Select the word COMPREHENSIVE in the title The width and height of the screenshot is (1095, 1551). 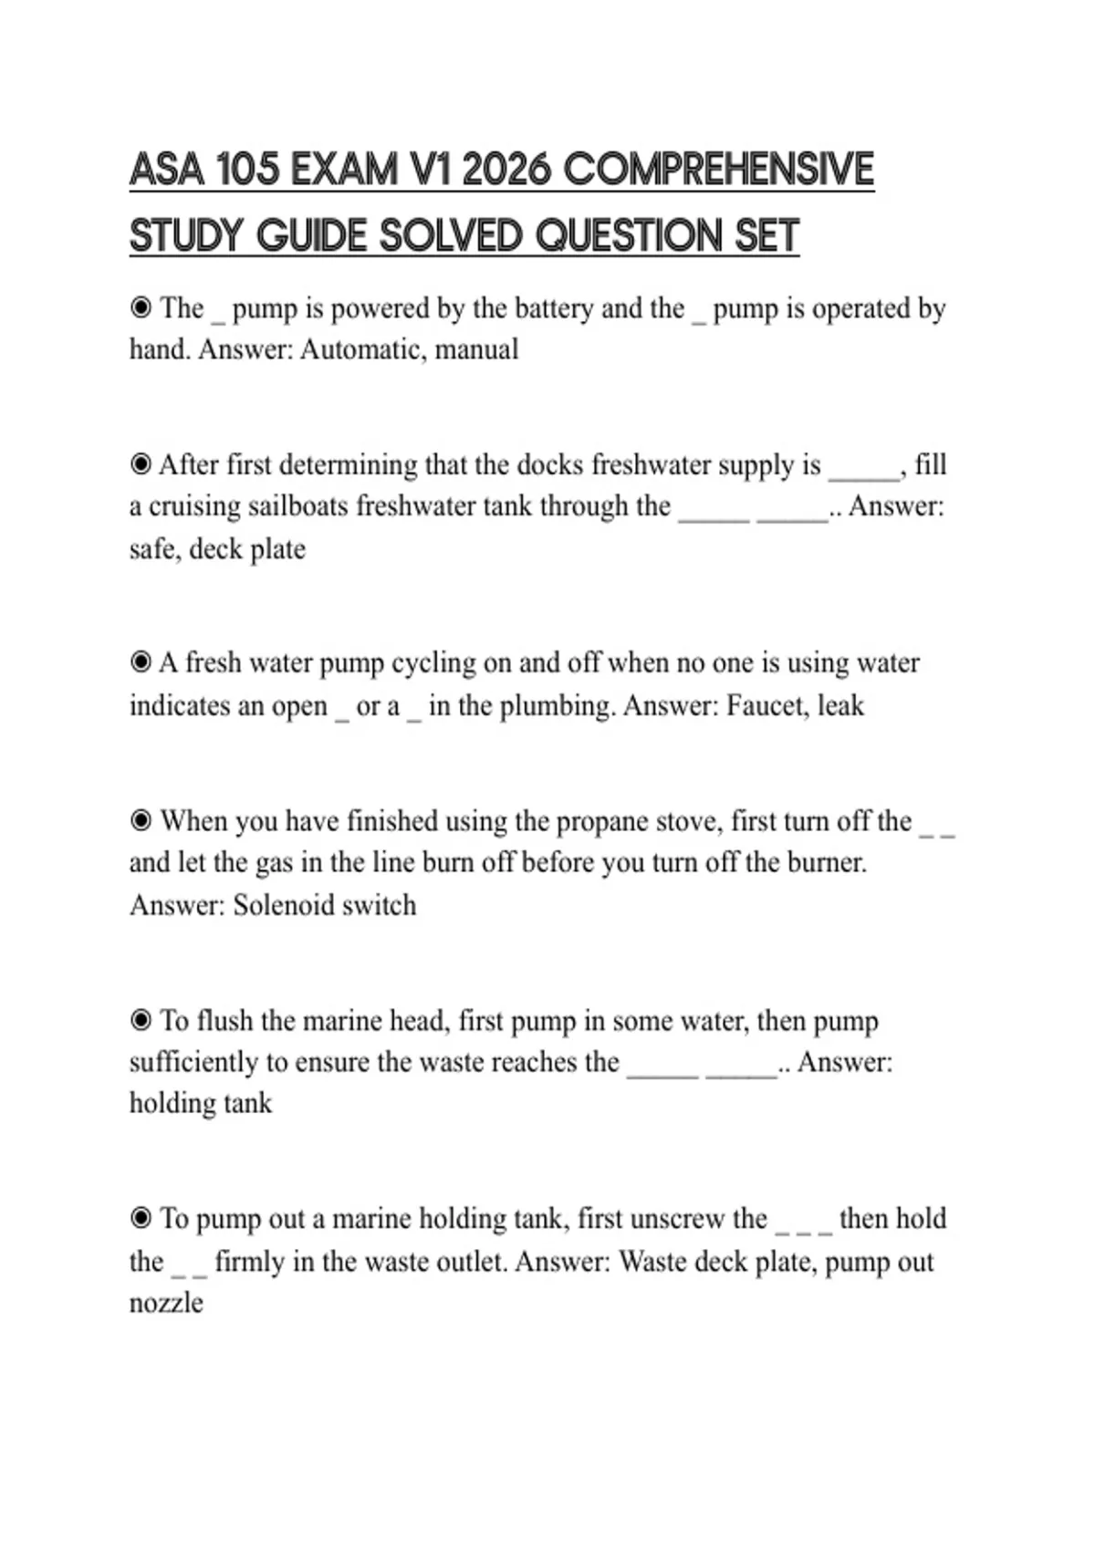click(719, 170)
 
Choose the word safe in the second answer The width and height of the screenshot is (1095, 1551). click(151, 549)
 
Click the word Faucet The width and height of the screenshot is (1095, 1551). click(766, 705)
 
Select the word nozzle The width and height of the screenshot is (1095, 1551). click(166, 1303)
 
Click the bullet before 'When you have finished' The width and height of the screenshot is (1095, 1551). click(141, 821)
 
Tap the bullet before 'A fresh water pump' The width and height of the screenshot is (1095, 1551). click(141, 662)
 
